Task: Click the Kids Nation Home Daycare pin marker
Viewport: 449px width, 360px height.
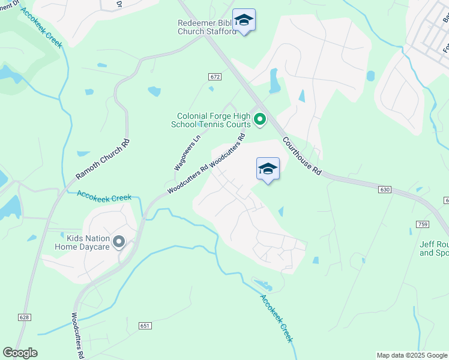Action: tap(119, 242)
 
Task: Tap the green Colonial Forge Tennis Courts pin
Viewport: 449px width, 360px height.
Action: tap(260, 120)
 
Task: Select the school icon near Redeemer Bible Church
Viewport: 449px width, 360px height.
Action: tap(244, 21)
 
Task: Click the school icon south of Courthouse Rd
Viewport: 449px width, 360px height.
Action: tap(268, 170)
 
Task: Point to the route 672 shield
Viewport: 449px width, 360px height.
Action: tap(215, 77)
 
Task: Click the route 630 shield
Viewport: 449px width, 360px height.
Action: tap(385, 190)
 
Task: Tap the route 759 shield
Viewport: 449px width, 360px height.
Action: tap(422, 224)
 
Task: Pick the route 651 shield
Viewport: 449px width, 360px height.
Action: tap(145, 326)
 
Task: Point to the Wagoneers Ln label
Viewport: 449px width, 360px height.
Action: tap(186, 152)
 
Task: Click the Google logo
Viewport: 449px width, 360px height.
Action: tap(20, 353)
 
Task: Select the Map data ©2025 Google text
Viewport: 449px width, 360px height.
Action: tap(411, 355)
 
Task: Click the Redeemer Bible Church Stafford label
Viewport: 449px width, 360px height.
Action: tap(208, 27)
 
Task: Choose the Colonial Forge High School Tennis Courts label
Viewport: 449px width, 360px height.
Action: tap(213, 120)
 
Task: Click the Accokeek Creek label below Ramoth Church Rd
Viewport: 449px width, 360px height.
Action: tap(104, 197)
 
